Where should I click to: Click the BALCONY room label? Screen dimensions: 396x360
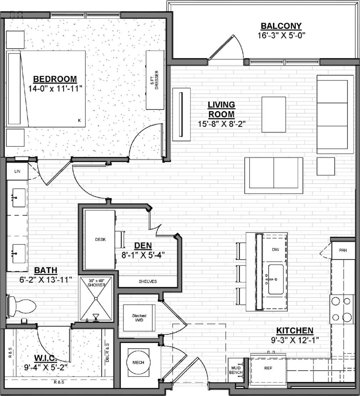tap(281, 26)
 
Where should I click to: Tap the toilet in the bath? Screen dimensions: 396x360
tap(23, 305)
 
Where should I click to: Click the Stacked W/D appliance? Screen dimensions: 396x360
tap(139, 318)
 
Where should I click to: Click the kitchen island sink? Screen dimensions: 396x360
tap(276, 279)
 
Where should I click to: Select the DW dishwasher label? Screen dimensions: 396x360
tap(275, 250)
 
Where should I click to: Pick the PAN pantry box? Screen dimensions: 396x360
tap(343, 250)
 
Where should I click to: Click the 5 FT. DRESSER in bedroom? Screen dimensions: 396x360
tap(155, 80)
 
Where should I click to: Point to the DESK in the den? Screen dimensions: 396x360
tap(100, 239)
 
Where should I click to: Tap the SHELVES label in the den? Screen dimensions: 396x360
tap(147, 281)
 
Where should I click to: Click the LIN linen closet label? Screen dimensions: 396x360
tap(17, 171)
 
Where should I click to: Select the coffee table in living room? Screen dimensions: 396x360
tap(273, 114)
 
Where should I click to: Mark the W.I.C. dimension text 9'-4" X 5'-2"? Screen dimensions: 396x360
tap(46, 366)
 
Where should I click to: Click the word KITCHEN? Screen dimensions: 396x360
tap(294, 331)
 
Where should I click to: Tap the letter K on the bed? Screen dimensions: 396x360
tap(79, 121)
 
